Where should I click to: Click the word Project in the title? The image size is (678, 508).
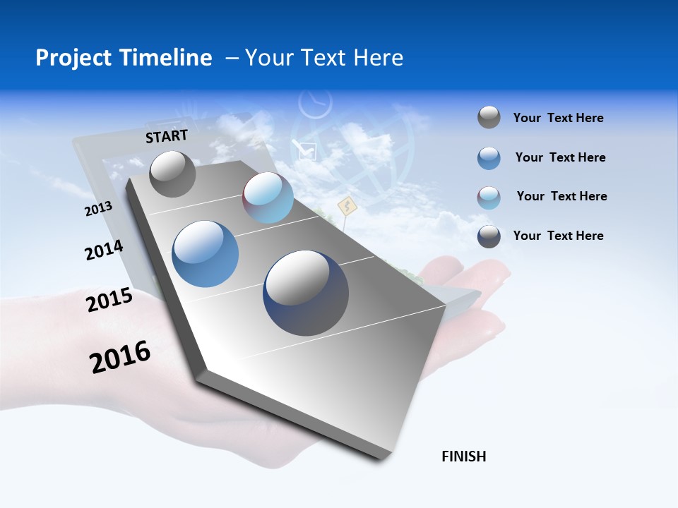coord(74,58)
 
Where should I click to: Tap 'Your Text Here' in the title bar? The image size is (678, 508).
coord(324,58)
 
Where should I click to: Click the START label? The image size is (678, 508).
coord(167,136)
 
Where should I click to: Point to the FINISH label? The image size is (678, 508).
coord(464,456)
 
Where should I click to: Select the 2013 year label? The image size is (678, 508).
coord(98,209)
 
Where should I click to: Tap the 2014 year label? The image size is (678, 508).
coord(104,250)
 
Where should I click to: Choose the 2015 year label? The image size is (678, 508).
coord(109,300)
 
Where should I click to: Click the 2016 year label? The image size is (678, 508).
coord(120,356)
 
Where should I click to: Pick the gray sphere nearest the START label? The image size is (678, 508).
coord(172,174)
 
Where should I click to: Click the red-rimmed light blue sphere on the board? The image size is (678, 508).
coord(268,198)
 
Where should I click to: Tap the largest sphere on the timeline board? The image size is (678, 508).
coord(306,293)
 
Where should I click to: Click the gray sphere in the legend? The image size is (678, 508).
coord(489,118)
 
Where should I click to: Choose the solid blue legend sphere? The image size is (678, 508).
coord(489,158)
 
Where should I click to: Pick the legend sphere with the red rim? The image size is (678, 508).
coord(489,197)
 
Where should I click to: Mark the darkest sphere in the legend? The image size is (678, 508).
coord(489,236)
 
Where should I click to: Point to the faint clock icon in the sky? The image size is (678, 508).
coord(315,104)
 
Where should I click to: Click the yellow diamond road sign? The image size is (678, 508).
coord(346,207)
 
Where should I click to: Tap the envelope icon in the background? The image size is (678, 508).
coord(307,150)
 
